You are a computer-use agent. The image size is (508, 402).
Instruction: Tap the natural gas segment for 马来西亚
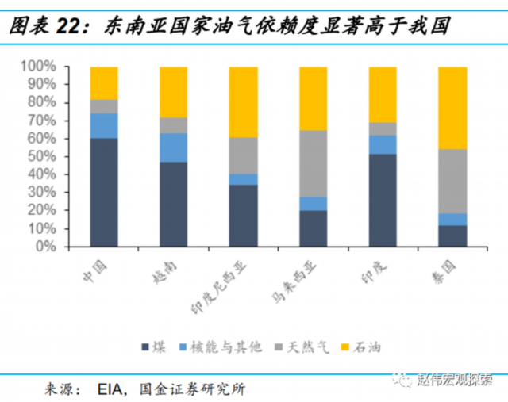(x=314, y=163)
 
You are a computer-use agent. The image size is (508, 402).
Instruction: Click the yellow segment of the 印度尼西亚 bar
(x=244, y=102)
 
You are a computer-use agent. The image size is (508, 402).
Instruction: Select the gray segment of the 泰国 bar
(x=452, y=182)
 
